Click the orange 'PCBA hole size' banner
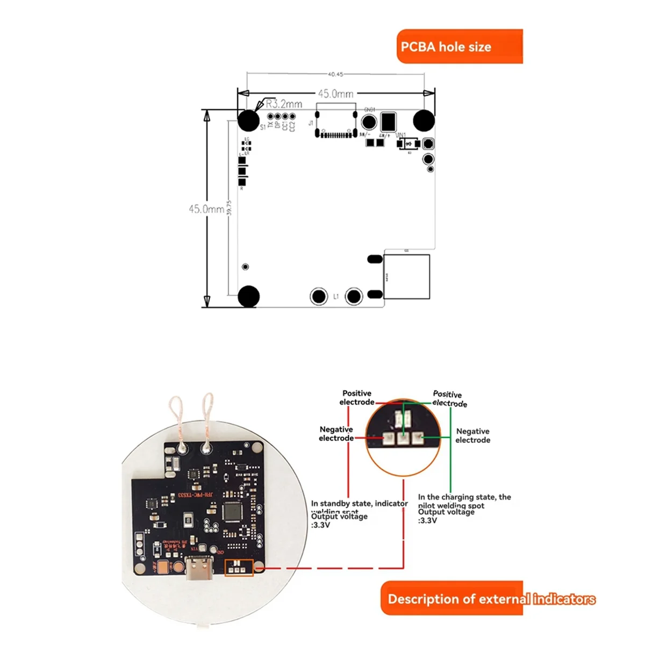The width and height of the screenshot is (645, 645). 459,47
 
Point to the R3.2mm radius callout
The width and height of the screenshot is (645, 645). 284,104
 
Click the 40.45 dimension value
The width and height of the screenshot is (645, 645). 335,74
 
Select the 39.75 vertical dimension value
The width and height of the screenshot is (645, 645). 229,208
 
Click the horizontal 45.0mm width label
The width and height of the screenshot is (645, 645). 335,94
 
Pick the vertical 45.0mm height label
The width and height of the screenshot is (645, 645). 206,209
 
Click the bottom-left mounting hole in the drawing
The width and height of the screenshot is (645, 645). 248,296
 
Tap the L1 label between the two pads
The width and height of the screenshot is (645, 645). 336,296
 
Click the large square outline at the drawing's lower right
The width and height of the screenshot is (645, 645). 406,276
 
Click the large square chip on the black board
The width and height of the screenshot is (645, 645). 232,511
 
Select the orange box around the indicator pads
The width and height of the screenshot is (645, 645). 238,568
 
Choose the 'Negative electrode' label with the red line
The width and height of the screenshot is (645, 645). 336,434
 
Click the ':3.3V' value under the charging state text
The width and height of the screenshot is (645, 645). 428,520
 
